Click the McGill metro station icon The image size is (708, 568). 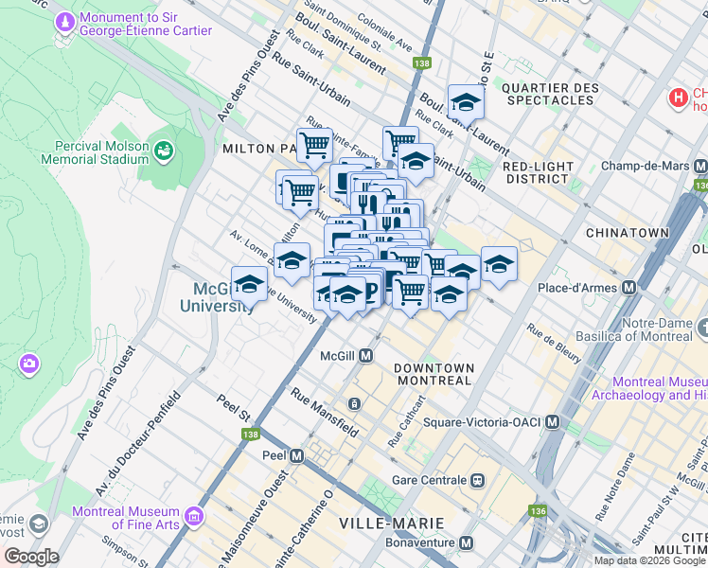coord(364,355)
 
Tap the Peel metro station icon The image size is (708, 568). coord(296,455)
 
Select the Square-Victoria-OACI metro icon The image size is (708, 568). coord(552,421)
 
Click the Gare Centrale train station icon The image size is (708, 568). coord(479,480)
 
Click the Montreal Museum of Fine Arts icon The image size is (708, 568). coord(195,516)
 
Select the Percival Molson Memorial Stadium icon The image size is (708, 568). coord(165,150)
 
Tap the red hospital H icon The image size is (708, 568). coord(678,97)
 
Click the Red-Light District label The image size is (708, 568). coord(539,172)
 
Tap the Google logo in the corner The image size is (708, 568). coord(30,557)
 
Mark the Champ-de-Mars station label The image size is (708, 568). coord(641,166)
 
